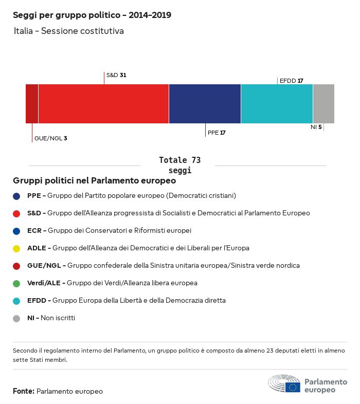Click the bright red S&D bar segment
tap(103, 104)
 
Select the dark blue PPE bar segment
tap(205, 104)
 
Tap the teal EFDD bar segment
tap(277, 104)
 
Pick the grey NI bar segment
tap(323, 104)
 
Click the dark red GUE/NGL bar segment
tap(32, 104)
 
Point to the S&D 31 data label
tap(116, 75)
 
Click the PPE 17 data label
tap(217, 133)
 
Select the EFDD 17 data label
tap(291, 81)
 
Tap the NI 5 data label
tap(316, 126)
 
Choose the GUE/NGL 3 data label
tap(51, 138)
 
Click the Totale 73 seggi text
tap(179, 165)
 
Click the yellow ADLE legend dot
tap(16, 248)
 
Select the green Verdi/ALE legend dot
tap(16, 283)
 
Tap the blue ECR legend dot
tap(16, 231)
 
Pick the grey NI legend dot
tap(16, 318)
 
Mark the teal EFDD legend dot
tap(16, 301)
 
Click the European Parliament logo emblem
tap(284, 384)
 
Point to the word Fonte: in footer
tap(24, 392)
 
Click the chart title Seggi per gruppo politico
tap(92, 15)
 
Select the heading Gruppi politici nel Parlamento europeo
tap(95, 181)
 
